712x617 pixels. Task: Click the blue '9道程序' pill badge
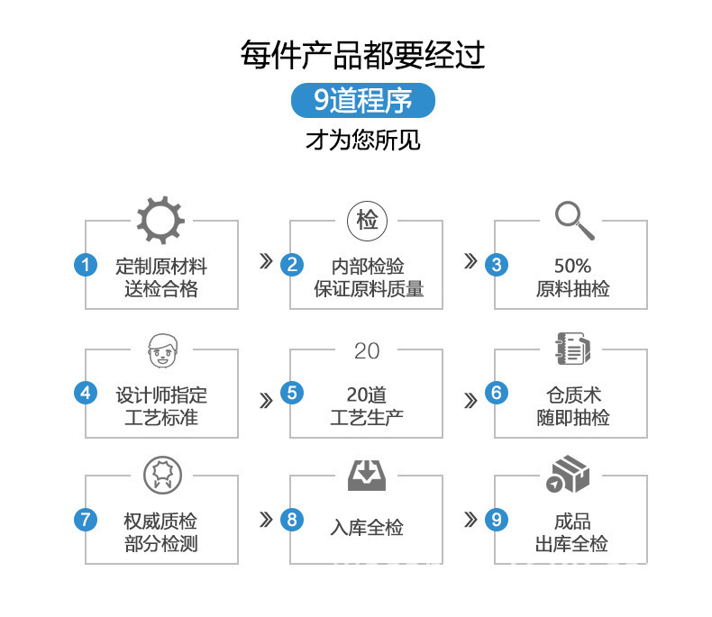pos(363,100)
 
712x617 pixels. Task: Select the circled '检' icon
pos(367,221)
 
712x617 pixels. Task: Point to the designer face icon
pos(162,351)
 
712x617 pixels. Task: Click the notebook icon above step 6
pos(573,349)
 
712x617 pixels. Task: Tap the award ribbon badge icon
pos(162,476)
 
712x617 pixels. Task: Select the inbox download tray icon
pos(367,476)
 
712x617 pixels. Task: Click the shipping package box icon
pos(568,475)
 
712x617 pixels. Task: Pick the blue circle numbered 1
pos(86,265)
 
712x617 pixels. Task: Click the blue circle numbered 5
pos(292,393)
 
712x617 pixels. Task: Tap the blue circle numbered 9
pos(497,520)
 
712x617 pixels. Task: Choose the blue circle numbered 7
pos(86,520)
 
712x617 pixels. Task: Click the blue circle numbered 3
pos(497,265)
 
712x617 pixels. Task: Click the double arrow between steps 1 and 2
pos(266,261)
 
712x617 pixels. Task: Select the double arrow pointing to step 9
pos(470,520)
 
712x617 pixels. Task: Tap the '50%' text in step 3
pos(572,266)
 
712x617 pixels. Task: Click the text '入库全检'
pos(367,528)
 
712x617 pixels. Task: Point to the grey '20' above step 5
pos(367,350)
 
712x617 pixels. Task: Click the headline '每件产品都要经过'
pos(363,55)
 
